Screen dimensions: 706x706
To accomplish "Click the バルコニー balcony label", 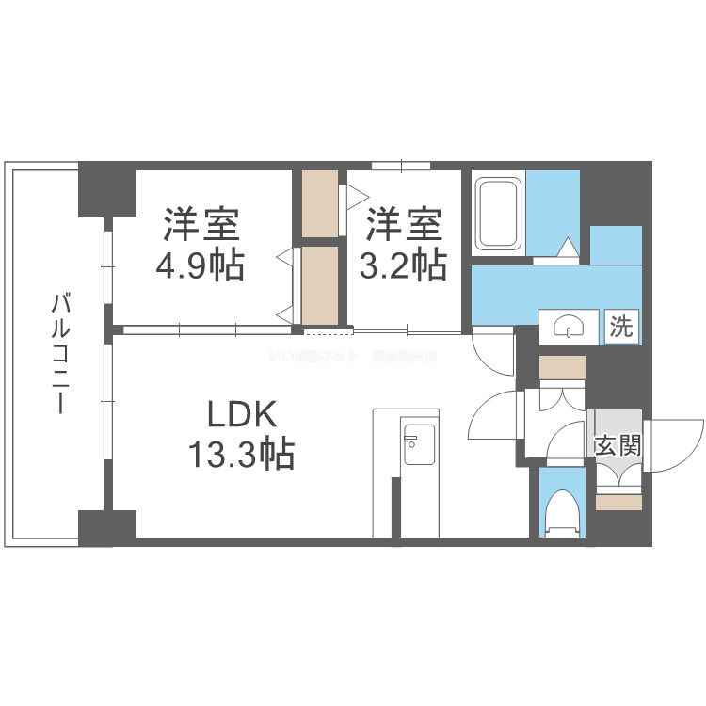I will [61, 355].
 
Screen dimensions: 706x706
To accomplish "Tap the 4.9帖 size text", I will [199, 266].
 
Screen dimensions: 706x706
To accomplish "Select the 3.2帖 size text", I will [403, 266].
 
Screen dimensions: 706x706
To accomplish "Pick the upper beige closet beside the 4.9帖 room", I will [320, 204].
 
